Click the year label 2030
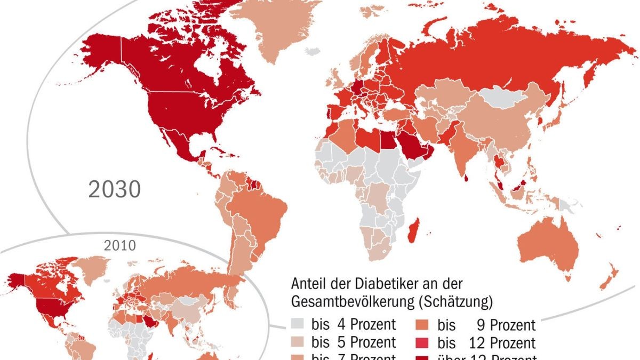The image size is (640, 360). click(x=114, y=189)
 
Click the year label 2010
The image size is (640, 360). click(x=121, y=246)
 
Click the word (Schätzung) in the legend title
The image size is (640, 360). click(x=456, y=302)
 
